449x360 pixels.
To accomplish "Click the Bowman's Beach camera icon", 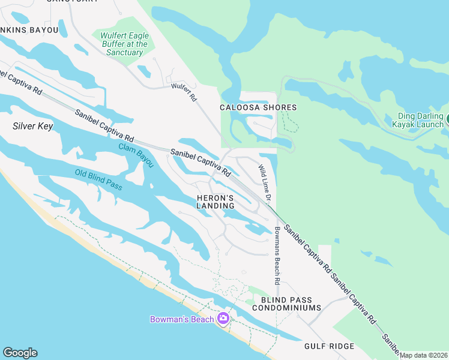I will pyautogui.click(x=223, y=318).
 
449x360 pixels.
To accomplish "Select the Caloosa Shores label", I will pyautogui.click(x=258, y=108).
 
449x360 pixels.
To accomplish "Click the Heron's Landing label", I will pyautogui.click(x=215, y=202).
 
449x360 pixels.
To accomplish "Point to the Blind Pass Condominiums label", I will pyautogui.click(x=286, y=303).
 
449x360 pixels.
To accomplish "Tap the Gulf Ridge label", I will pyautogui.click(x=328, y=346).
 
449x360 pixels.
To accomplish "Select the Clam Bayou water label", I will pyautogui.click(x=136, y=155).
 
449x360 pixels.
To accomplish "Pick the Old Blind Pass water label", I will pyautogui.click(x=98, y=180).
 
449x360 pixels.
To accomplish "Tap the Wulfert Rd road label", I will pyautogui.click(x=184, y=92).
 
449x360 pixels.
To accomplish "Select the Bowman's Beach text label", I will pyautogui.click(x=182, y=319).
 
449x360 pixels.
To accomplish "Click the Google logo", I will pyautogui.click(x=20, y=353).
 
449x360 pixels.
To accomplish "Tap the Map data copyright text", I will pyautogui.click(x=423, y=355).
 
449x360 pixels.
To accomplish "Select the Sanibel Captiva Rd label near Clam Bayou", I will pyautogui.click(x=200, y=162).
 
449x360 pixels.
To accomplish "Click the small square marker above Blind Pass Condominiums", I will pyautogui.click(x=244, y=272).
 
